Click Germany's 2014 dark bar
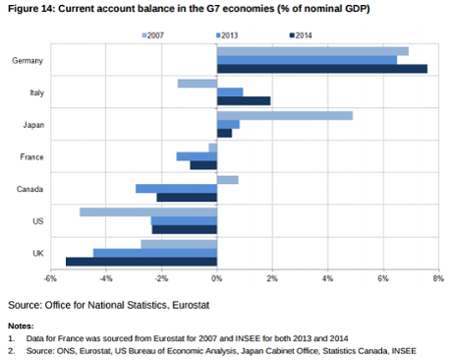(x=322, y=69)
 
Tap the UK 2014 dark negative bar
(x=141, y=262)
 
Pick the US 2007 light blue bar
(x=148, y=211)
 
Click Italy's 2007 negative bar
(x=198, y=83)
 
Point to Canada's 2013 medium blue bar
(x=177, y=188)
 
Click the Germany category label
(x=28, y=61)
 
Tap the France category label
(x=30, y=156)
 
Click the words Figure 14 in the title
(x=31, y=9)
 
